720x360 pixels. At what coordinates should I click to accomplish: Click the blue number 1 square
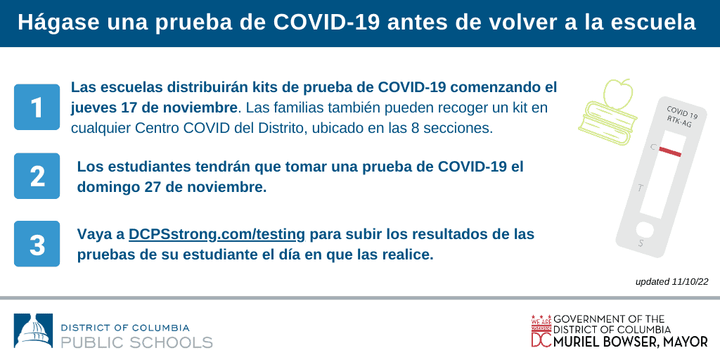(x=37, y=107)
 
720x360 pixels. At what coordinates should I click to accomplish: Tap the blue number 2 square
(x=37, y=176)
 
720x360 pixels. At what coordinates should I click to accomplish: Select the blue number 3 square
(x=37, y=244)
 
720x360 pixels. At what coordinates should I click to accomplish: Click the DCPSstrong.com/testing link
(x=217, y=235)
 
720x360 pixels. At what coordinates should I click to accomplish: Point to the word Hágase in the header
(x=58, y=23)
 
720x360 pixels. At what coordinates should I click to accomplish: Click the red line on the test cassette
(x=670, y=151)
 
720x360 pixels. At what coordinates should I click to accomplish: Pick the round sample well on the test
(x=644, y=230)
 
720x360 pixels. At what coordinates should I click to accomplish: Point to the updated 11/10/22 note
(x=671, y=282)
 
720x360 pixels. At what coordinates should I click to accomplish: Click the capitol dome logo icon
(x=34, y=330)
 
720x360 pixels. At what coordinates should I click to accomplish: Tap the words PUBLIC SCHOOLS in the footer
(x=137, y=342)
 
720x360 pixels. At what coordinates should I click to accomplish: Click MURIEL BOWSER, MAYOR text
(x=631, y=342)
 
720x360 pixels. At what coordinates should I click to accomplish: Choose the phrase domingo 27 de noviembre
(x=172, y=187)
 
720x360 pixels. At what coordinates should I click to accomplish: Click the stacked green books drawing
(x=607, y=123)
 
